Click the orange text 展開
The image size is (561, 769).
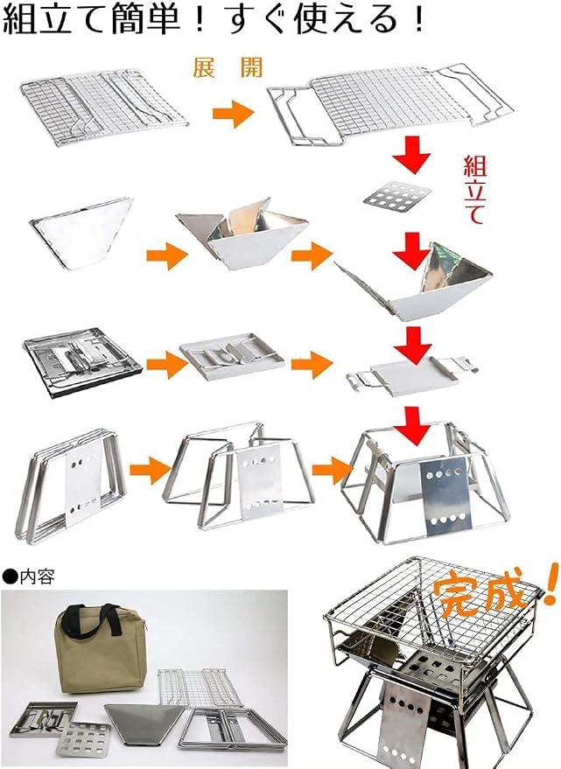[x=228, y=67]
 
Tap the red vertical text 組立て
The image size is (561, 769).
[x=475, y=190]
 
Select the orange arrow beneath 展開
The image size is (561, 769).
[x=233, y=114]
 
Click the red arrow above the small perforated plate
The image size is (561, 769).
[x=411, y=155]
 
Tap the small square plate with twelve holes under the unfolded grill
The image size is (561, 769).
[x=397, y=196]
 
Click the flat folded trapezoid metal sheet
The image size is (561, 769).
[x=81, y=233]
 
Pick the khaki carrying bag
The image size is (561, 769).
[x=103, y=648]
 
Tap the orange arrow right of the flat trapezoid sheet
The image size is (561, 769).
[x=167, y=255]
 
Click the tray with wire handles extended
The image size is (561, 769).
[x=412, y=376]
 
